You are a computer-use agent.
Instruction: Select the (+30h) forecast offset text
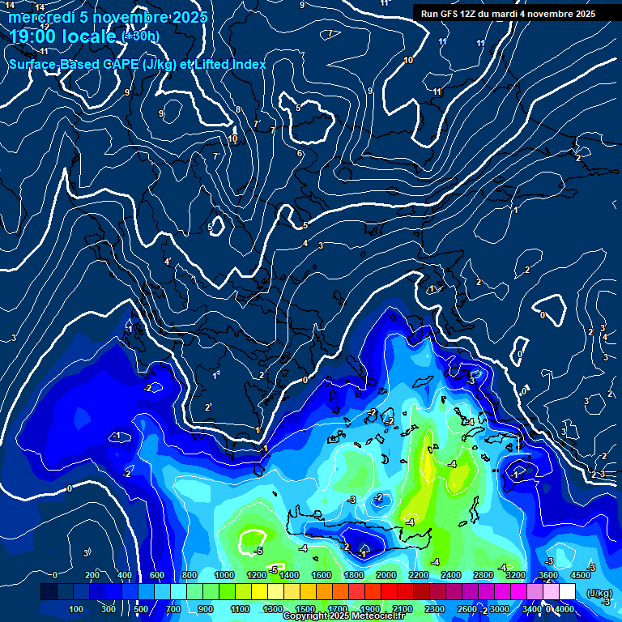[x=140, y=36]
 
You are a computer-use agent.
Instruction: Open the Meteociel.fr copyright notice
[x=343, y=616]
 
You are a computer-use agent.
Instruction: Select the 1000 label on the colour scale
[x=224, y=575]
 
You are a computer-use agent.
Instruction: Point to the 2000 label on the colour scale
[x=386, y=575]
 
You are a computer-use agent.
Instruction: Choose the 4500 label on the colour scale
[x=580, y=575]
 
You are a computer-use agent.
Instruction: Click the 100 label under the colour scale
[x=77, y=609]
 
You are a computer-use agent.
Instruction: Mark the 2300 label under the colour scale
[x=434, y=609]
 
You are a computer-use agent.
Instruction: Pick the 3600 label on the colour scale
[x=548, y=575]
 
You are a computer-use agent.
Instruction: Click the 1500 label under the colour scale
[x=305, y=609]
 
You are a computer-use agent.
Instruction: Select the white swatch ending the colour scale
[x=567, y=592]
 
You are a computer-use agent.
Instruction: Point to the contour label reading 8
[x=238, y=109]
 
